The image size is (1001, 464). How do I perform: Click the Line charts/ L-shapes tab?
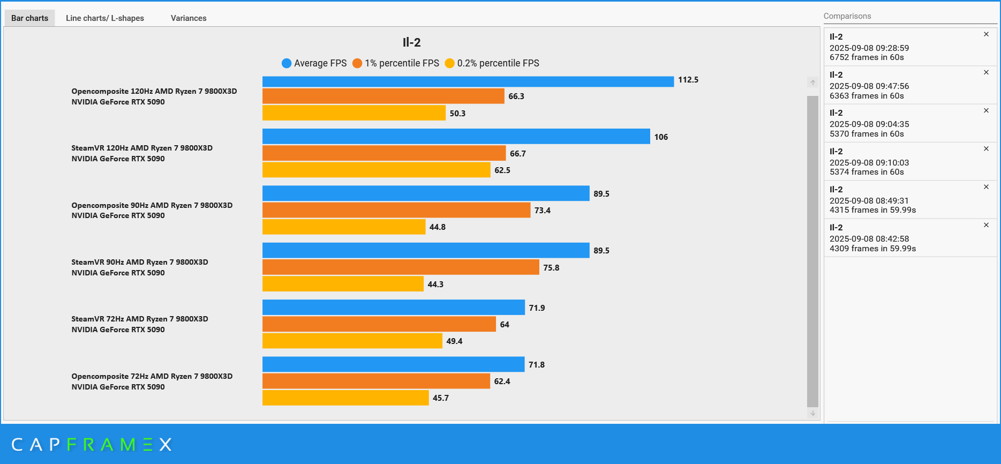[104, 18]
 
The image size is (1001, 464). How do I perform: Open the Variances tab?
[189, 18]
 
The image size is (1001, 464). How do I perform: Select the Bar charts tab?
[29, 18]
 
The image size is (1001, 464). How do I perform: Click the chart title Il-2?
[411, 42]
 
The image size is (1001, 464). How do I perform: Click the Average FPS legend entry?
[314, 63]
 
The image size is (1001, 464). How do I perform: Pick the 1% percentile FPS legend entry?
[396, 63]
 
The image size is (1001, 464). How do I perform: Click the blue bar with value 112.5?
[468, 81]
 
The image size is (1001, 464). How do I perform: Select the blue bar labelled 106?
[456, 137]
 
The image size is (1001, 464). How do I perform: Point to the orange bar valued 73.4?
[396, 210]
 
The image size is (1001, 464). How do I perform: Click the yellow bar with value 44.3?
[343, 284]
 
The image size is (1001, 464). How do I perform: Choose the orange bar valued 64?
[379, 324]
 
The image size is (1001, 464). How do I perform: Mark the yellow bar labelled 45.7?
[345, 398]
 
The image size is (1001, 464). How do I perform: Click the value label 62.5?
[502, 170]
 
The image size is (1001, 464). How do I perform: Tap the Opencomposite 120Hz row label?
[154, 96]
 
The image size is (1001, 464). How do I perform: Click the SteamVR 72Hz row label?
[140, 324]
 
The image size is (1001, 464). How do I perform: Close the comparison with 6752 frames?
[986, 34]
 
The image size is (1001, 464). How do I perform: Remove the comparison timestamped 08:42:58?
[986, 225]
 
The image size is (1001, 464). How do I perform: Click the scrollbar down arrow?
[812, 413]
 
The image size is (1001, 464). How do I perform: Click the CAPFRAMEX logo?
[92, 445]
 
